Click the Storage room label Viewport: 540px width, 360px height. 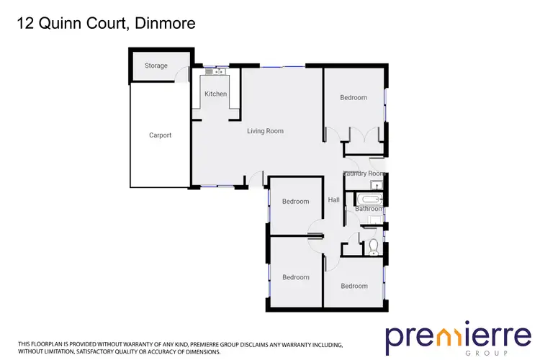[x=156, y=66]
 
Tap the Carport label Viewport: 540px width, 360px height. [x=160, y=135]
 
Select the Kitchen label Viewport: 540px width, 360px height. [x=215, y=94]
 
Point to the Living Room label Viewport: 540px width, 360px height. [x=265, y=131]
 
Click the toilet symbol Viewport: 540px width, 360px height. [x=372, y=247]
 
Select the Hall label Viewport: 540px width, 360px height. [x=333, y=200]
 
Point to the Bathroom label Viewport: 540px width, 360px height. [x=367, y=210]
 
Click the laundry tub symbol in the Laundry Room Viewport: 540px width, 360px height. [x=377, y=186]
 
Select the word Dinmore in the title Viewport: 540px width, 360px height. [x=166, y=24]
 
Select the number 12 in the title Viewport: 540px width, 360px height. [x=24, y=24]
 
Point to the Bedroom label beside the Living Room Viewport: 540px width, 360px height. [x=353, y=98]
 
